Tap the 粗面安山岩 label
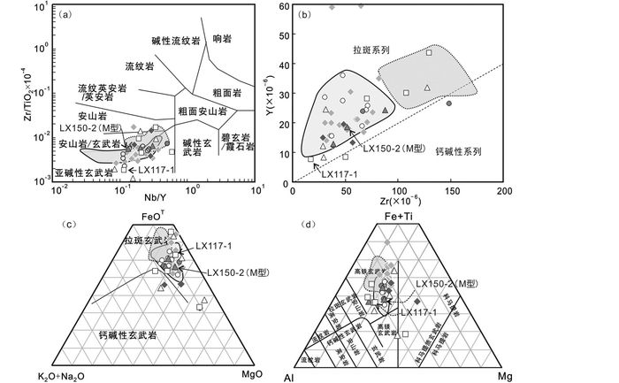pyautogui.click(x=202, y=112)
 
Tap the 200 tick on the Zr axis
pyautogui.click(x=504, y=190)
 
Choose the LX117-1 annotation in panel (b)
pyautogui.click(x=340, y=173)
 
